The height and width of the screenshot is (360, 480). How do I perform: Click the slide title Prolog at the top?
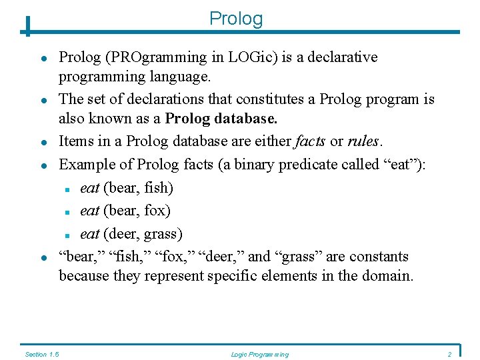tap(236, 18)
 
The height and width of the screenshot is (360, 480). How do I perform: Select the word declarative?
tap(343, 57)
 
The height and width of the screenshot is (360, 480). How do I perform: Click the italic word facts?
tap(310, 141)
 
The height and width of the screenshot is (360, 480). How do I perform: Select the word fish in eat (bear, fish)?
tap(158, 188)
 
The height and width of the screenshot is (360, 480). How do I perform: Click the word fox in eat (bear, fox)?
tap(157, 211)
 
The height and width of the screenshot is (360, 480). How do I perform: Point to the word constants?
tap(379, 257)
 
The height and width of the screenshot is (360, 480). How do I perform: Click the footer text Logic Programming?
tap(259, 354)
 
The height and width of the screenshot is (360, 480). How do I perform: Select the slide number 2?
tap(449, 354)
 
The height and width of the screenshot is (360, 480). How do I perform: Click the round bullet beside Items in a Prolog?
tap(42, 142)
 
